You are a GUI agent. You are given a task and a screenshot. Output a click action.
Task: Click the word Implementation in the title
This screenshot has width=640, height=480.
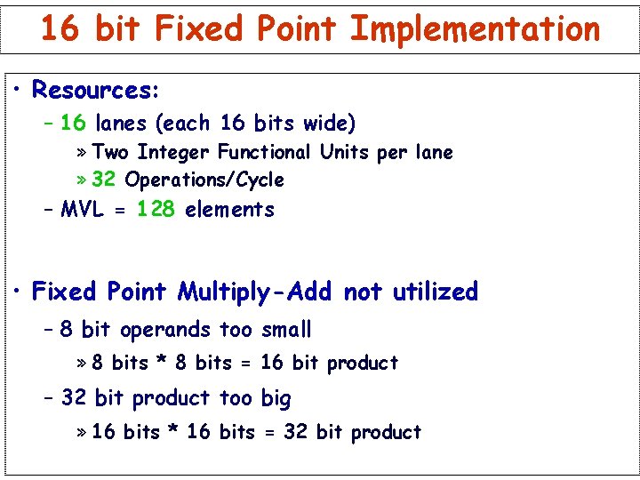pyautogui.click(x=476, y=29)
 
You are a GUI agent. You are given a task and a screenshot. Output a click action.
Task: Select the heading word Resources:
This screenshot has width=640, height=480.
pyautogui.click(x=95, y=91)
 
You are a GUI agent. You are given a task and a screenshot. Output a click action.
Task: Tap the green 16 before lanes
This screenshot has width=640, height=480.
pyautogui.click(x=73, y=123)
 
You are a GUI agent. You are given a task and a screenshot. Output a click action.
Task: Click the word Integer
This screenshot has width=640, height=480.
pyautogui.click(x=174, y=153)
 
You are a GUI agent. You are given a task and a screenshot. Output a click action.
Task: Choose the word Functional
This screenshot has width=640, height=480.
pyautogui.click(x=264, y=153)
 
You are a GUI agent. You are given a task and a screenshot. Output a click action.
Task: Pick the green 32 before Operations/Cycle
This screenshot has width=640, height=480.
pyautogui.click(x=103, y=180)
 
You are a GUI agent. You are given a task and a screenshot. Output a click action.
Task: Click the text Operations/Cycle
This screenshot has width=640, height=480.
pyautogui.click(x=204, y=180)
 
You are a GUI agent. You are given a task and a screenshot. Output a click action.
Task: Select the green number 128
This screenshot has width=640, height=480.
pyautogui.click(x=156, y=210)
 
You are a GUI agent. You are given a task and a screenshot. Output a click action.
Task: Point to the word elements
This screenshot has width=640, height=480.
pyautogui.click(x=229, y=210)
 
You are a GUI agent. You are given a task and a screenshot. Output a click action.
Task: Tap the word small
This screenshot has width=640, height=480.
pyautogui.click(x=286, y=330)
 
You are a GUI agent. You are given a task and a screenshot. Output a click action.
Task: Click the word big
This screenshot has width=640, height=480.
pyautogui.click(x=276, y=399)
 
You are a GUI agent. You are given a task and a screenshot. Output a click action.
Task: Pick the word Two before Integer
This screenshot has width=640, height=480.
pyautogui.click(x=110, y=153)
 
